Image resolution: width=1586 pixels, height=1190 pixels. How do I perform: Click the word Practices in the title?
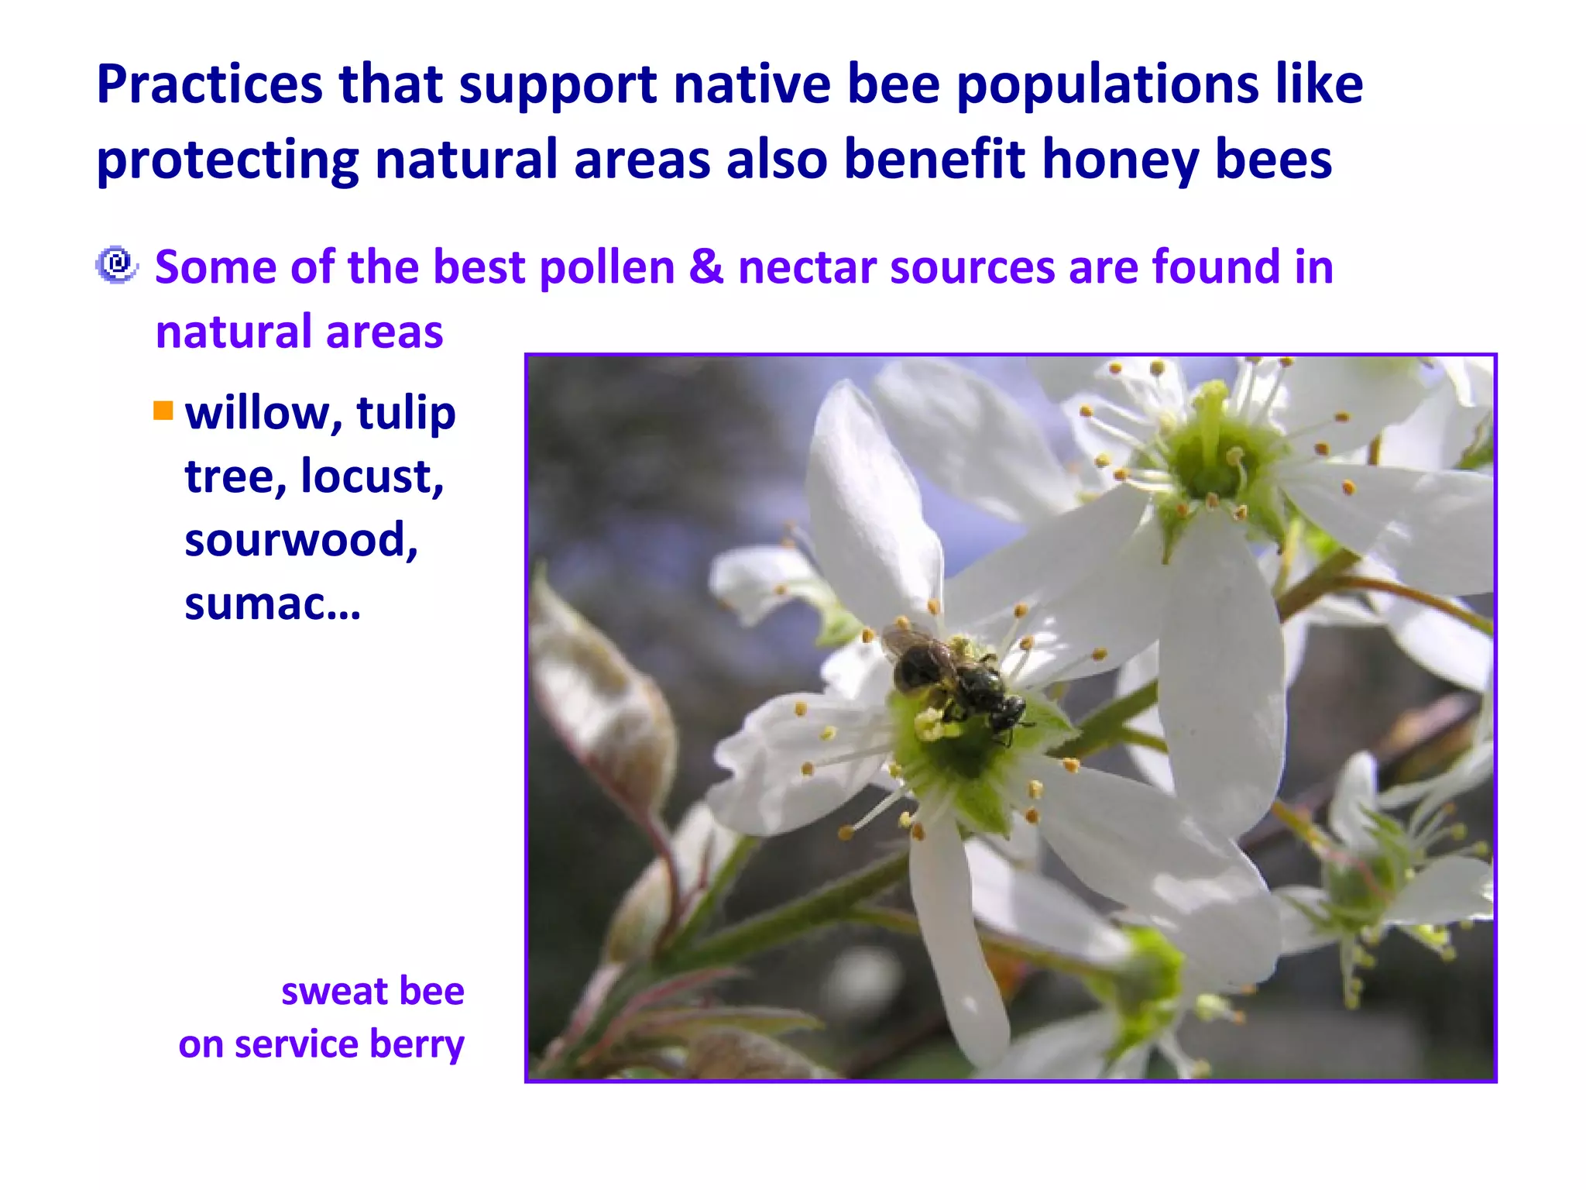pyautogui.click(x=209, y=85)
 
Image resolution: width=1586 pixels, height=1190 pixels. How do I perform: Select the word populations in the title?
pyautogui.click(x=1107, y=85)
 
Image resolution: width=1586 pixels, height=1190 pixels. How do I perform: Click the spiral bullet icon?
pyautogui.click(x=117, y=265)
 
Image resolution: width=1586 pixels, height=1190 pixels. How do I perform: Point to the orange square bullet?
pyautogui.click(x=163, y=410)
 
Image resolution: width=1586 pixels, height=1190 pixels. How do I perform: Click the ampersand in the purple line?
pyautogui.click(x=705, y=267)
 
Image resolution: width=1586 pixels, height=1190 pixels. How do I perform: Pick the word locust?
pyautogui.click(x=372, y=476)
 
